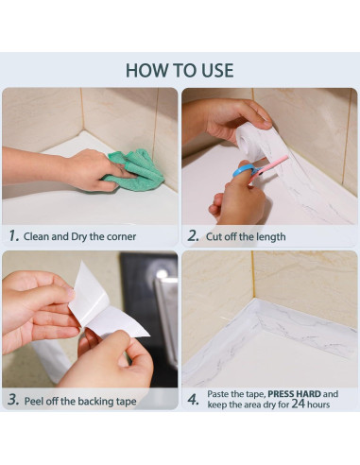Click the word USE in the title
[x=217, y=70]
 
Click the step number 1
[x=14, y=235]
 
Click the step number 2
[x=193, y=235]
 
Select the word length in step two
[x=271, y=237]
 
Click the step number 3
[x=13, y=400]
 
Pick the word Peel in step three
[x=34, y=401]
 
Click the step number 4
[x=193, y=400]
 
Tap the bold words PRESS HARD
[x=294, y=394]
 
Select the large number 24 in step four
[x=298, y=404]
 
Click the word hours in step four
[x=318, y=405]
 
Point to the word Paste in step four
[x=218, y=394]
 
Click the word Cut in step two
[x=214, y=236]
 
